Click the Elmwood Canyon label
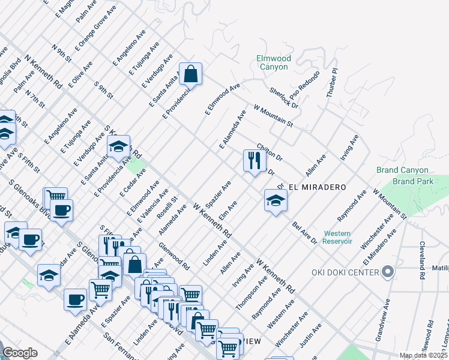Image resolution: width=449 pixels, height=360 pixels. tap(273, 62)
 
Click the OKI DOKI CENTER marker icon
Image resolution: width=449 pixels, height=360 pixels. tap(388, 273)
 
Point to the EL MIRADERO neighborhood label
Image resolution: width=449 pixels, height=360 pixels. tap(318, 187)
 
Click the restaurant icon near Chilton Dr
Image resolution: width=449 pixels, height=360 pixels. tap(255, 161)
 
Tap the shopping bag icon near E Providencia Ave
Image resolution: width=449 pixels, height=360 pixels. tap(190, 75)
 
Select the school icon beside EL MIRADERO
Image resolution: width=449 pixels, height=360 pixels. tap(276, 200)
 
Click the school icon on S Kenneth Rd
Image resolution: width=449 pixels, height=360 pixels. tap(119, 147)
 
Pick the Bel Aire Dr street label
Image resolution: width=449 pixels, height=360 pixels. tap(304, 232)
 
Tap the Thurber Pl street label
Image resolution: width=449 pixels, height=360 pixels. tap(331, 83)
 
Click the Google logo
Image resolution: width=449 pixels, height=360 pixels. tap(20, 353)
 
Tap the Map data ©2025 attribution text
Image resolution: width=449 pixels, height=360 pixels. tap(423, 355)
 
